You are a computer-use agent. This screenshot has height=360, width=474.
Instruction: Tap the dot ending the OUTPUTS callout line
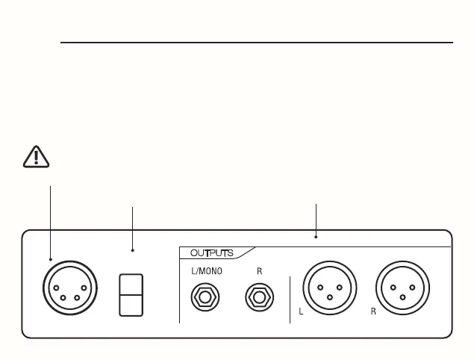[x=316, y=237]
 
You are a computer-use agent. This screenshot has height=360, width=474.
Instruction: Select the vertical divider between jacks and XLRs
[x=290, y=299]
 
